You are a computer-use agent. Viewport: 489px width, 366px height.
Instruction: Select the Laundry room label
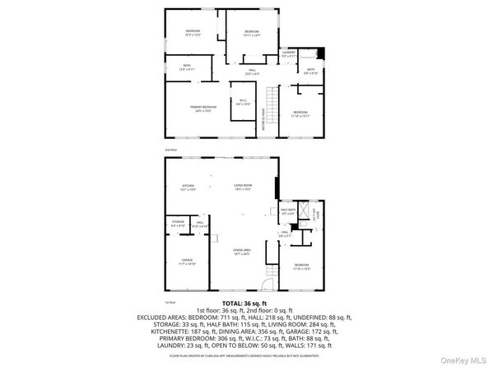tap(288, 53)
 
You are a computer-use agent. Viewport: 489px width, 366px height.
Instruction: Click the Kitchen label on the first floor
tap(188, 188)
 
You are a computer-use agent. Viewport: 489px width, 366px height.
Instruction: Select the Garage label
tap(187, 261)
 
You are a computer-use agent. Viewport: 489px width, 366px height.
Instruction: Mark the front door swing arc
tap(268, 285)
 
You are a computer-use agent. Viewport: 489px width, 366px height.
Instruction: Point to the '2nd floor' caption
tap(171, 150)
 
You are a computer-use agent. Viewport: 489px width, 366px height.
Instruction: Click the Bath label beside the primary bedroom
tap(187, 67)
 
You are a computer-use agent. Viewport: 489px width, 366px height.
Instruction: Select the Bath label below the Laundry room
tap(310, 71)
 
